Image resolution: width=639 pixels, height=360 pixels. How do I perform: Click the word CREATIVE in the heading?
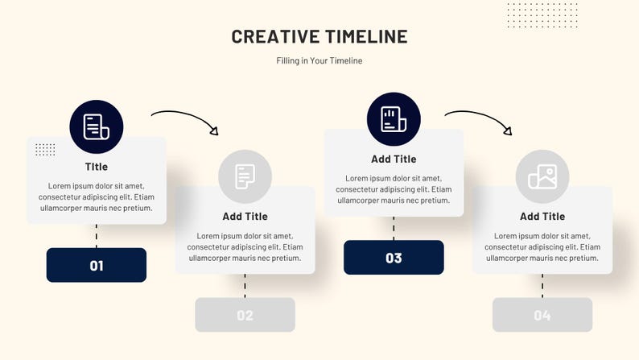[275, 36]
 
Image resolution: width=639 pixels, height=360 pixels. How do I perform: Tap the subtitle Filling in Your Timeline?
[319, 60]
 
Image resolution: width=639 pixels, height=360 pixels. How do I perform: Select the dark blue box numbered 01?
[97, 265]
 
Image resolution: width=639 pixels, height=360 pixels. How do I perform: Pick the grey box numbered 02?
[245, 315]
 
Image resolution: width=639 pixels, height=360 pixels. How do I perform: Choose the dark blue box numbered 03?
[394, 258]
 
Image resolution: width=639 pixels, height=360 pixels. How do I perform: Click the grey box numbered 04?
[542, 315]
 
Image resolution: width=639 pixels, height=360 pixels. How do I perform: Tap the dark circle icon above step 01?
[97, 126]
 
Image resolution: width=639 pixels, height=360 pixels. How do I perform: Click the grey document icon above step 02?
[245, 176]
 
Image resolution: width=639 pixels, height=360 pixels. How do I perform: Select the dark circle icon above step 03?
[394, 119]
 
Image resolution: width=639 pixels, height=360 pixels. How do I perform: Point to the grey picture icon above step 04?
[542, 176]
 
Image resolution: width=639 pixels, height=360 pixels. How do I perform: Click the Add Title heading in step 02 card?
[245, 216]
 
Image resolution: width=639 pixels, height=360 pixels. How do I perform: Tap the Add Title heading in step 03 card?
[394, 159]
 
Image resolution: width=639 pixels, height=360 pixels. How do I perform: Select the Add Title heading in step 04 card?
[542, 216]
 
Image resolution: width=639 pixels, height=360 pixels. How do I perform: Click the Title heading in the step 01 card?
[97, 167]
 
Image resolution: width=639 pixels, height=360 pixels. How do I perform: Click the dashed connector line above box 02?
[245, 286]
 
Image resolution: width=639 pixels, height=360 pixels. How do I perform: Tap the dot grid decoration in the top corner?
[542, 14]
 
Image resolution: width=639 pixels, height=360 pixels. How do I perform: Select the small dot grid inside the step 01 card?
[45, 150]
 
